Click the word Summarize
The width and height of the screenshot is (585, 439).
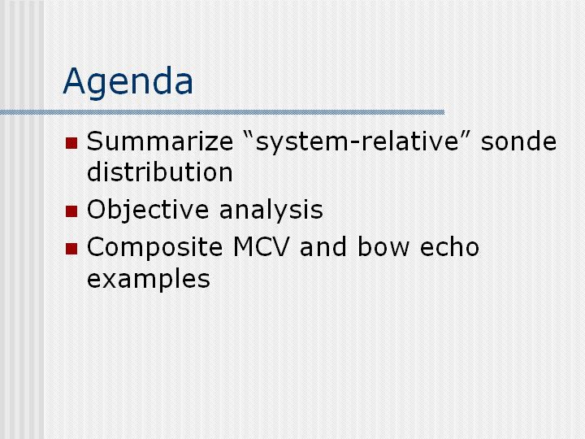point(160,141)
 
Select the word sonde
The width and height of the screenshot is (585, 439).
point(518,141)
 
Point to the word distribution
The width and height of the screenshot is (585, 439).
point(160,172)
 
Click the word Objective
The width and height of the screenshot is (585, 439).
point(148,211)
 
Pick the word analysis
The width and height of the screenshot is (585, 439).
point(271,211)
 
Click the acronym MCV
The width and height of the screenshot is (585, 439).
point(261,247)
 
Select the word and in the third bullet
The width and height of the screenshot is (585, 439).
point(323,247)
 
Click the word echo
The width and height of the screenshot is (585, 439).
point(449,247)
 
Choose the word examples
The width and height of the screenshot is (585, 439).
point(149,279)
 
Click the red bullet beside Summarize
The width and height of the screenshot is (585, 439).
point(71,143)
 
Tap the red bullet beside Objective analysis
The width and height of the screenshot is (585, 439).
point(71,211)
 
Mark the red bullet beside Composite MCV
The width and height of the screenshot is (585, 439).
point(71,249)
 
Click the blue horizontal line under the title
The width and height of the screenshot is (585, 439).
point(223,112)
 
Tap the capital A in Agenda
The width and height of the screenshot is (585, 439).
point(75,81)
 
